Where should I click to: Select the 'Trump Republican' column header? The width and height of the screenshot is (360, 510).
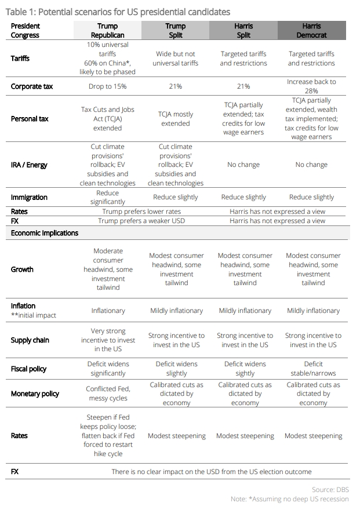(108, 30)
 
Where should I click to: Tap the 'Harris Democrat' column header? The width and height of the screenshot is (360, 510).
(311, 30)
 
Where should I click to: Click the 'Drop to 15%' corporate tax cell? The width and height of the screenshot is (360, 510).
(108, 86)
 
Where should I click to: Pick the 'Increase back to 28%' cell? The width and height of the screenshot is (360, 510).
(311, 86)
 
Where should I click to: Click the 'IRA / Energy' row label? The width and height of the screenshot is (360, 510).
(29, 165)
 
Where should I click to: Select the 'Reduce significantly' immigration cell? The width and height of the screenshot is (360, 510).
(108, 197)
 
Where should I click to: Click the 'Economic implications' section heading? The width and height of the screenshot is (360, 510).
(45, 233)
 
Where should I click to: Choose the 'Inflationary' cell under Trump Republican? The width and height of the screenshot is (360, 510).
(108, 311)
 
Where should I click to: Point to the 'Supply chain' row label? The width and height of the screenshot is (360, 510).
(30, 340)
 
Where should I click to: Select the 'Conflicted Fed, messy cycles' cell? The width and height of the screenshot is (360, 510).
(108, 394)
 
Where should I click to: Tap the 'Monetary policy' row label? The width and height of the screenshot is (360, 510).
(35, 394)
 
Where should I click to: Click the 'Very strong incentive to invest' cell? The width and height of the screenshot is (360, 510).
(108, 340)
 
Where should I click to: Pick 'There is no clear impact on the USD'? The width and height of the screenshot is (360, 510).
(212, 472)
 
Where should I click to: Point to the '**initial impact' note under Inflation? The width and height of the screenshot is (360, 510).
(33, 315)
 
